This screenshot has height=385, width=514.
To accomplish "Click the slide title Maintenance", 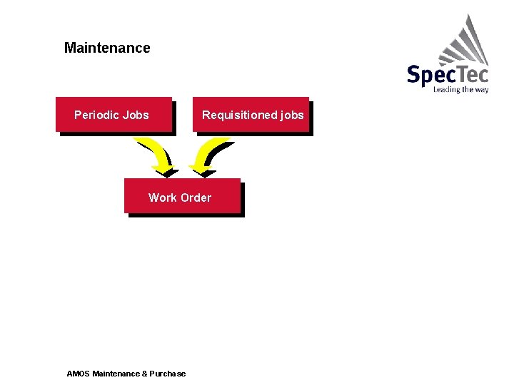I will (x=107, y=48).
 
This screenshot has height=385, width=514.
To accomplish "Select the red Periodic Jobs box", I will (x=114, y=115).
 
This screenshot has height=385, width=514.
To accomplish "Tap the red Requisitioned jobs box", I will (x=251, y=115).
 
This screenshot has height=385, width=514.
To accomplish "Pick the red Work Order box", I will (x=181, y=196).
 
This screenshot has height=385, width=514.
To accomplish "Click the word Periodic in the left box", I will (x=96, y=115).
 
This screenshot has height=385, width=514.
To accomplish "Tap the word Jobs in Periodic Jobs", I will (x=136, y=115).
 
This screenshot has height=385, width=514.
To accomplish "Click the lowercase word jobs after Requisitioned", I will (x=292, y=115).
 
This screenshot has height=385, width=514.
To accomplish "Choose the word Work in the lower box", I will (x=163, y=197).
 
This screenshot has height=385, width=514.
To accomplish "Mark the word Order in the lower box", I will (x=196, y=197).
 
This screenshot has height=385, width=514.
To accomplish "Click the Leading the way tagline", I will (x=460, y=90).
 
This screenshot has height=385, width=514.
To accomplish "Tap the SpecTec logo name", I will (x=448, y=74).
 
